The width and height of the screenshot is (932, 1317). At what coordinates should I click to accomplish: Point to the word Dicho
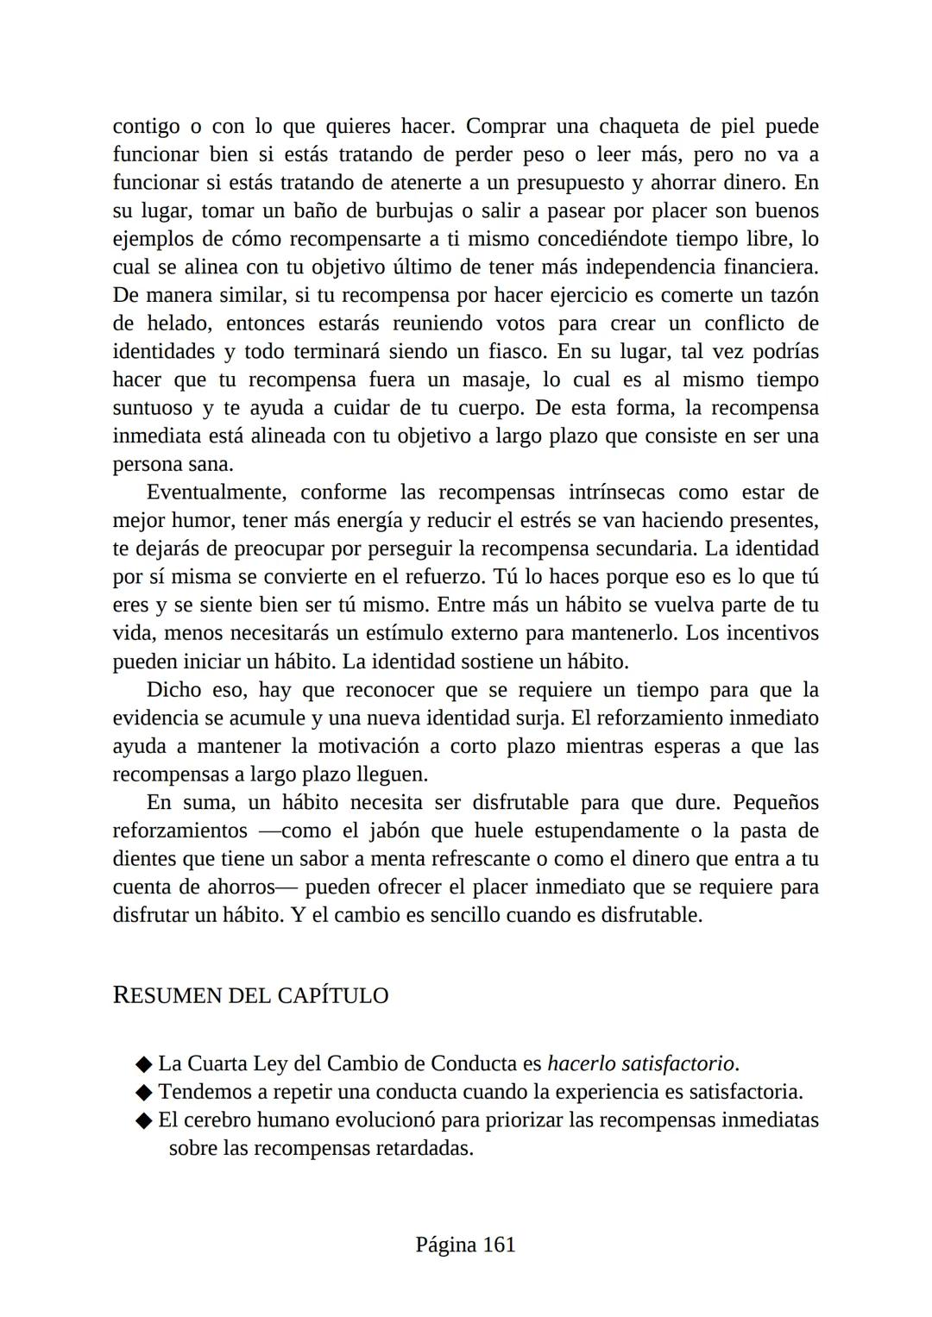173,690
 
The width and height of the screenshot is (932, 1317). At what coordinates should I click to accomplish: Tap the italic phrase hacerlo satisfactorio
642,1063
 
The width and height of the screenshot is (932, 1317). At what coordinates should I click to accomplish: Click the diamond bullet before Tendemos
144,1093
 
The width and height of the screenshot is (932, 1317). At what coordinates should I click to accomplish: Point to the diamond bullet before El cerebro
144,1121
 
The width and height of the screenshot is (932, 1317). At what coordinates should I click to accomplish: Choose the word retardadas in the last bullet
419,1149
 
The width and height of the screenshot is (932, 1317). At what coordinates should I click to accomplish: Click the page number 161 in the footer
499,1245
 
